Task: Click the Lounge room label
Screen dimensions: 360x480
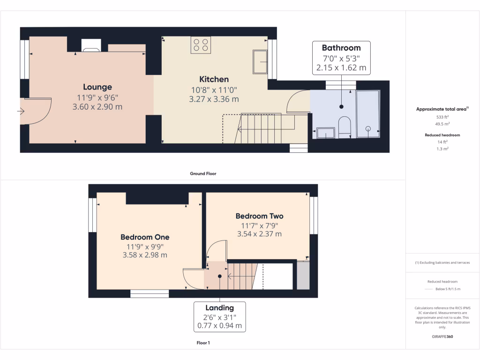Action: (x=97, y=87)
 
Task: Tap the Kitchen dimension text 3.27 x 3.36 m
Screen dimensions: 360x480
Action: (x=214, y=99)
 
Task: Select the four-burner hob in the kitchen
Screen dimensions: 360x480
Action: (x=200, y=45)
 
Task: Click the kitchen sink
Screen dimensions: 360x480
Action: (x=260, y=61)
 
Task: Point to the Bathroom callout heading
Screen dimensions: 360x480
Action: (x=341, y=48)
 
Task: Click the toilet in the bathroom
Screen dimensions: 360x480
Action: (x=345, y=127)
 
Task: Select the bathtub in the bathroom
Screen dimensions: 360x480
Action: (x=368, y=114)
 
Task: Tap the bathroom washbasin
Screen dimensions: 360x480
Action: (x=326, y=133)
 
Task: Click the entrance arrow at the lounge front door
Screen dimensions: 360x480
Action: (x=21, y=112)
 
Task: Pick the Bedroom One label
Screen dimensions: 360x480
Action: (x=145, y=237)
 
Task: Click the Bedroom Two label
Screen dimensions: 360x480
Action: (x=259, y=216)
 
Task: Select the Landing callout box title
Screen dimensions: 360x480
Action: (x=219, y=308)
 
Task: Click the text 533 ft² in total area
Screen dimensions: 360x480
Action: (x=442, y=117)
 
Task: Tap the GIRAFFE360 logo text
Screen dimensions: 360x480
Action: (x=442, y=337)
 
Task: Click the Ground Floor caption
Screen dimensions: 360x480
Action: (x=203, y=173)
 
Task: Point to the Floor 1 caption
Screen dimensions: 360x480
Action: (x=203, y=343)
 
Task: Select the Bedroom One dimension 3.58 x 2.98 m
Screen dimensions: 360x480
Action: (x=145, y=255)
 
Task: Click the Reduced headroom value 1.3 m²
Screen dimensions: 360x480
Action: (x=442, y=149)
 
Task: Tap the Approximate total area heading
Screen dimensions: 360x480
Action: (x=442, y=109)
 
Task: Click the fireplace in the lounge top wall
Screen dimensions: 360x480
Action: (x=90, y=45)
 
